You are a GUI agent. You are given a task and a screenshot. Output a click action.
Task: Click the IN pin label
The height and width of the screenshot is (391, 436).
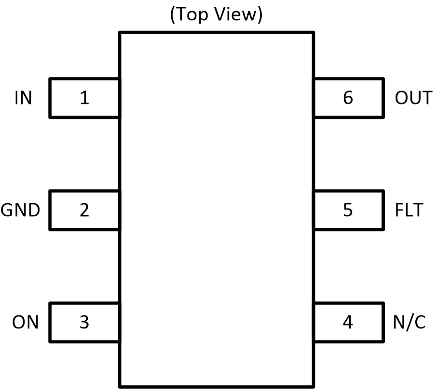[x=23, y=98]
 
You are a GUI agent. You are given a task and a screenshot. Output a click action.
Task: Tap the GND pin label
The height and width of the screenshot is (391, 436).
[x=20, y=210]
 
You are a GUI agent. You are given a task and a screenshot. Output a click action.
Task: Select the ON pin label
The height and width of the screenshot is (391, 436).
[x=25, y=322]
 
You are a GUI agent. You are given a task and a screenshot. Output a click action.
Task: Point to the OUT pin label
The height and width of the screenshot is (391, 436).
[x=413, y=98]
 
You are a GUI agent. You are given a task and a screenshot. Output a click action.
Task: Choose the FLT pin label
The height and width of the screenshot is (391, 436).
[x=409, y=210]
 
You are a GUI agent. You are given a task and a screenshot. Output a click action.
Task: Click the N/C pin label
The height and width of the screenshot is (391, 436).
[x=409, y=322]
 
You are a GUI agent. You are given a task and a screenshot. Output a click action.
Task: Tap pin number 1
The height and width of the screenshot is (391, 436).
[x=84, y=98]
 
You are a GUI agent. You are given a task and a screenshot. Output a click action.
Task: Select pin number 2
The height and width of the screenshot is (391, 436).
[x=84, y=210]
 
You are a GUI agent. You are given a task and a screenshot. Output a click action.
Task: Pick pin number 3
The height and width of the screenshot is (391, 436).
[x=84, y=322]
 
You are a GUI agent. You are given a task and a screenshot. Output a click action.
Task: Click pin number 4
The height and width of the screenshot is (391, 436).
[x=348, y=322]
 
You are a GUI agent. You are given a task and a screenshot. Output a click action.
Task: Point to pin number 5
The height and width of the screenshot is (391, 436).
[x=348, y=210]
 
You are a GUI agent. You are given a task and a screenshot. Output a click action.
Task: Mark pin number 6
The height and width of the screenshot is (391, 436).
[x=348, y=98]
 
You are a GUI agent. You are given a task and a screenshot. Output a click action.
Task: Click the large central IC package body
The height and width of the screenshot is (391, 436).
[x=217, y=209]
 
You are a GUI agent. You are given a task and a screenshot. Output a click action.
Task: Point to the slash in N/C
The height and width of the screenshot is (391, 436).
[x=409, y=322]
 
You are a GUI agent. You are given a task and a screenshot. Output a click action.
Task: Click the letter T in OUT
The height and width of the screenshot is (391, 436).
[x=426, y=98]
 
